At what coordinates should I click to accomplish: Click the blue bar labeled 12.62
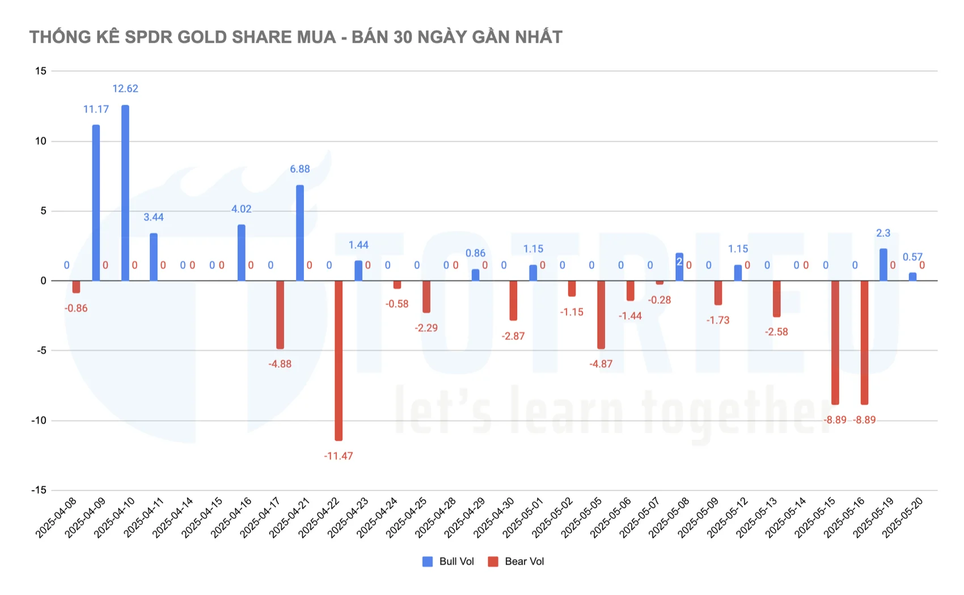pos(125,193)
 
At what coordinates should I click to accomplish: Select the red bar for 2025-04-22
pos(339,360)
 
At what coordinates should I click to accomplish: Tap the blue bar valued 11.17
pos(96,203)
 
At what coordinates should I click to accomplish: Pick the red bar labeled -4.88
pos(280,314)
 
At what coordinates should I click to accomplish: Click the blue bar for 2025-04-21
pos(300,232)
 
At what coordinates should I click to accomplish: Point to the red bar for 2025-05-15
pos(835,342)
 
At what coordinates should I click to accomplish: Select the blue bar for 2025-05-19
pos(883,265)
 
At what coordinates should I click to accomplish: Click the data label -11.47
pos(339,456)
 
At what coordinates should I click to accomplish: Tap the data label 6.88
pos(300,169)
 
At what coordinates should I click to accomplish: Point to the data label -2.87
pos(513,336)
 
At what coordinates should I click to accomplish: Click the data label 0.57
pos(912,257)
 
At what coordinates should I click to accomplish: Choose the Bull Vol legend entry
pos(448,562)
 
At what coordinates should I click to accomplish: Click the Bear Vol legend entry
pos(516,562)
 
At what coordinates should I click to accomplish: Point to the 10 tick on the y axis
pos(40,141)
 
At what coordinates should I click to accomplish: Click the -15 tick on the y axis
pos(39,490)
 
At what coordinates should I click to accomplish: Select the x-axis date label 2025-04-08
pos(56,518)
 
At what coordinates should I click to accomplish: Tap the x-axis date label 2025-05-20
pos(903,518)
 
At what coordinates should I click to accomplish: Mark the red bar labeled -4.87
pos(601,314)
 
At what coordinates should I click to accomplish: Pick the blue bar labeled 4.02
pos(242,253)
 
